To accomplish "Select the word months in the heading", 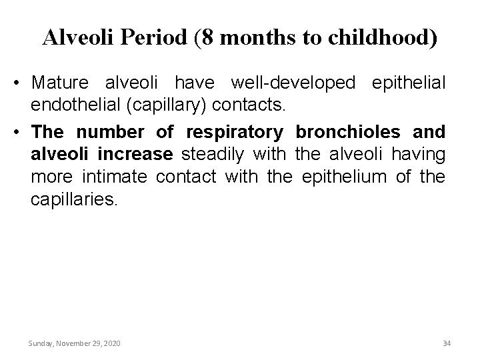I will point(252,38).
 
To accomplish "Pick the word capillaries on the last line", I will point(73,198).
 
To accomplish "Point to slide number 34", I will point(446,343).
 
